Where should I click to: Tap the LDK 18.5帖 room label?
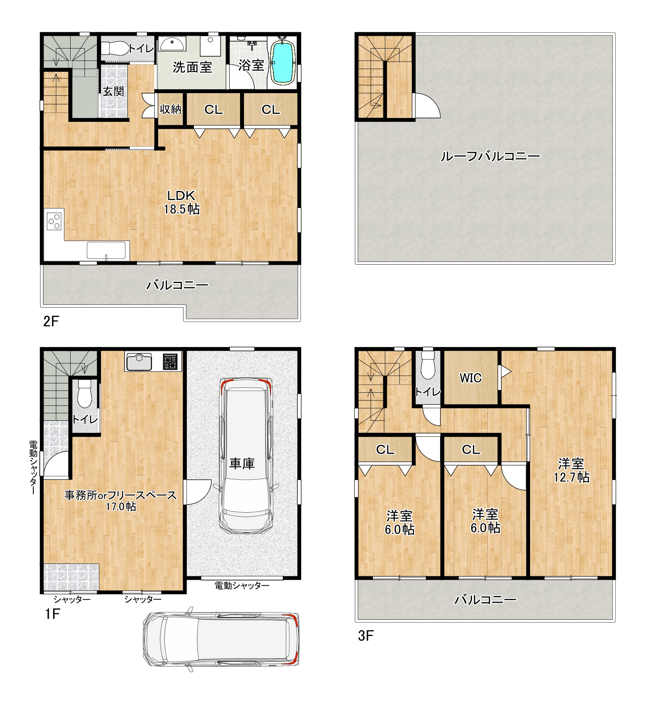coord(181,202)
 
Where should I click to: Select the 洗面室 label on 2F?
coord(192,67)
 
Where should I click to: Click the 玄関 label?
coord(114,91)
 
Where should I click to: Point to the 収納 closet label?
coord(171,109)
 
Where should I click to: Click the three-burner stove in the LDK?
coord(54,221)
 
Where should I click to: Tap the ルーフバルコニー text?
coord(490,156)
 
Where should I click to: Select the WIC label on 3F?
coord(470,378)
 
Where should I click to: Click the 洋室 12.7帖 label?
coord(571,470)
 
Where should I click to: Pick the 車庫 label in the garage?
coord(242,463)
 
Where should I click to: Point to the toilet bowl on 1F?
coord(85,394)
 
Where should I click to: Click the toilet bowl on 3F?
coord(428,364)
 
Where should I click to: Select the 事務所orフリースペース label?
coord(121,495)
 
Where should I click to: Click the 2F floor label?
coord(51,321)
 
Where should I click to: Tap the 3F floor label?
coord(365,635)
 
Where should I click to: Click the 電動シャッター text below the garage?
coord(242,585)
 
